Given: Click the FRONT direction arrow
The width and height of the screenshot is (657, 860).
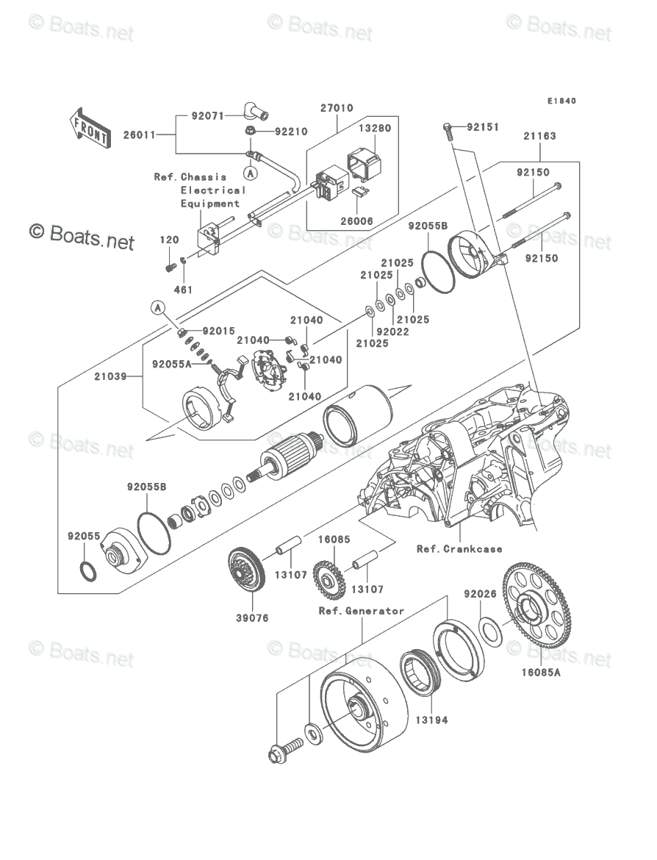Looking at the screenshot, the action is point(90,127).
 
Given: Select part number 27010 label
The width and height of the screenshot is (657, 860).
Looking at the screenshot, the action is point(337,108).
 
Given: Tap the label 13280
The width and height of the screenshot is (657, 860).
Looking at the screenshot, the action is point(375,129).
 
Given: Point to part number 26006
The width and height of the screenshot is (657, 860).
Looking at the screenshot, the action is point(356,221).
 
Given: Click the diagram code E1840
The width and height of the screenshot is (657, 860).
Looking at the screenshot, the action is point(561,101).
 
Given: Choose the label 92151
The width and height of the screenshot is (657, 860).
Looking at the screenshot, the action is point(483,127).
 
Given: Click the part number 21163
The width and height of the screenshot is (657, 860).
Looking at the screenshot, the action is point(539,136).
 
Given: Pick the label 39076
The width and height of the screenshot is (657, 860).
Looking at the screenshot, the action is point(252,618).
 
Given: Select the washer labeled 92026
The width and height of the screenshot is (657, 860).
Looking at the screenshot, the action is point(489,631).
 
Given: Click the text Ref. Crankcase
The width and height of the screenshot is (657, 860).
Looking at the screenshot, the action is point(459,548).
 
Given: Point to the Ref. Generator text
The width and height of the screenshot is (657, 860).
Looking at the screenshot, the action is point(362,611).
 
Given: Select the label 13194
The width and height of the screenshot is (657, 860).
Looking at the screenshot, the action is point(431,720).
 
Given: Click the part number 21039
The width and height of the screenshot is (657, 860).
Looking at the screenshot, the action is point(110,376).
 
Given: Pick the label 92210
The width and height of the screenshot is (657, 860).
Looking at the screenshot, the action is point(291,132).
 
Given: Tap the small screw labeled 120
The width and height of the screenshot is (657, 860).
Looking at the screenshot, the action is point(170,267).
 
